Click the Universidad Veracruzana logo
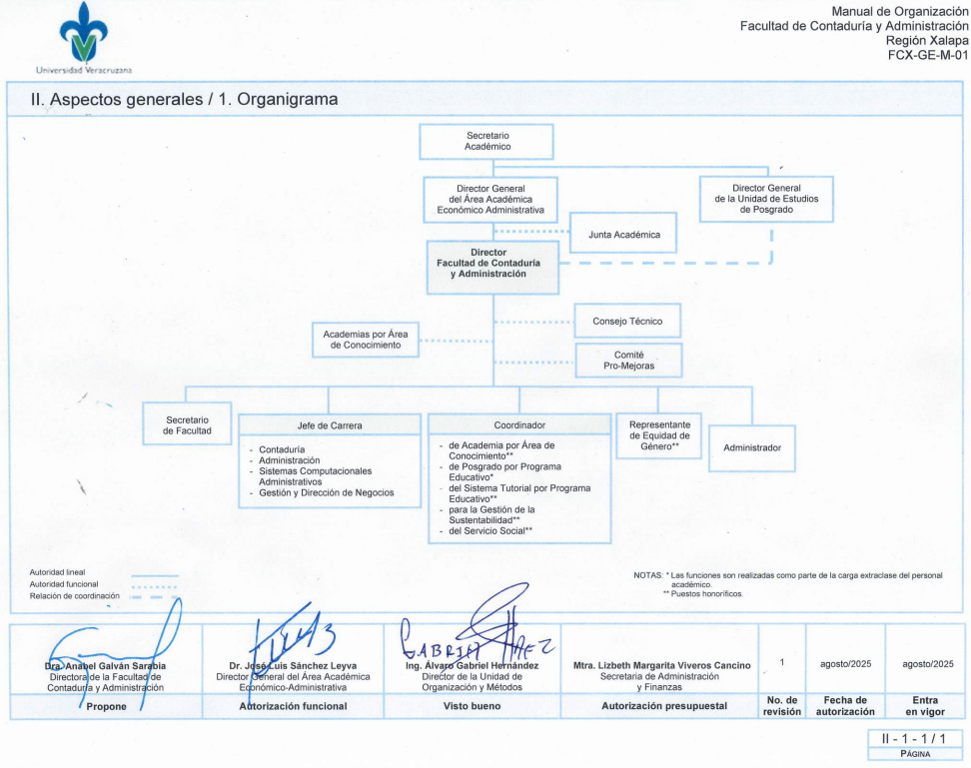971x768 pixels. click(83, 38)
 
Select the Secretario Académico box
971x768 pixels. click(486, 141)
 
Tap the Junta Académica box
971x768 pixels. click(622, 234)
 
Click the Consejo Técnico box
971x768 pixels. click(628, 321)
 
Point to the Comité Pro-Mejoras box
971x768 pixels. click(628, 361)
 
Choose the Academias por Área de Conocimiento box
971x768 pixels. click(365, 339)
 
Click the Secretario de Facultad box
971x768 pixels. click(187, 423)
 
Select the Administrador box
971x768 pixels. click(752, 447)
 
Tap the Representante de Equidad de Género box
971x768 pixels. click(659, 435)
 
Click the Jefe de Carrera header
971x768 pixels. click(330, 425)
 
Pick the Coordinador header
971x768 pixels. click(519, 425)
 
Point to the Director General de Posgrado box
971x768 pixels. click(765, 199)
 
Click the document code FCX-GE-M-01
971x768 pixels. click(928, 56)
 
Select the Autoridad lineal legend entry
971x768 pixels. click(58, 572)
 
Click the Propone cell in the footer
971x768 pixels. click(106, 706)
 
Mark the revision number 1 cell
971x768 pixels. click(782, 663)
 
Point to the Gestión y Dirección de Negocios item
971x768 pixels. click(326, 492)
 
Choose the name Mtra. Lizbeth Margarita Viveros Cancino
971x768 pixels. click(661, 665)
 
